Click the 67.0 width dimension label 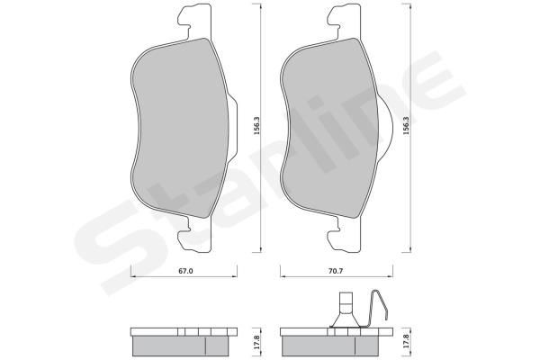[185, 271]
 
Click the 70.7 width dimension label [336, 271]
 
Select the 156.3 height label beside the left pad [256, 126]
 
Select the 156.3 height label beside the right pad [406, 126]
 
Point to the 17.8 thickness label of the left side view [256, 343]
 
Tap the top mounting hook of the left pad [195, 21]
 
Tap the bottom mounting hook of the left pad [195, 234]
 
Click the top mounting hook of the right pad [345, 21]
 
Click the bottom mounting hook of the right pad [345, 234]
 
